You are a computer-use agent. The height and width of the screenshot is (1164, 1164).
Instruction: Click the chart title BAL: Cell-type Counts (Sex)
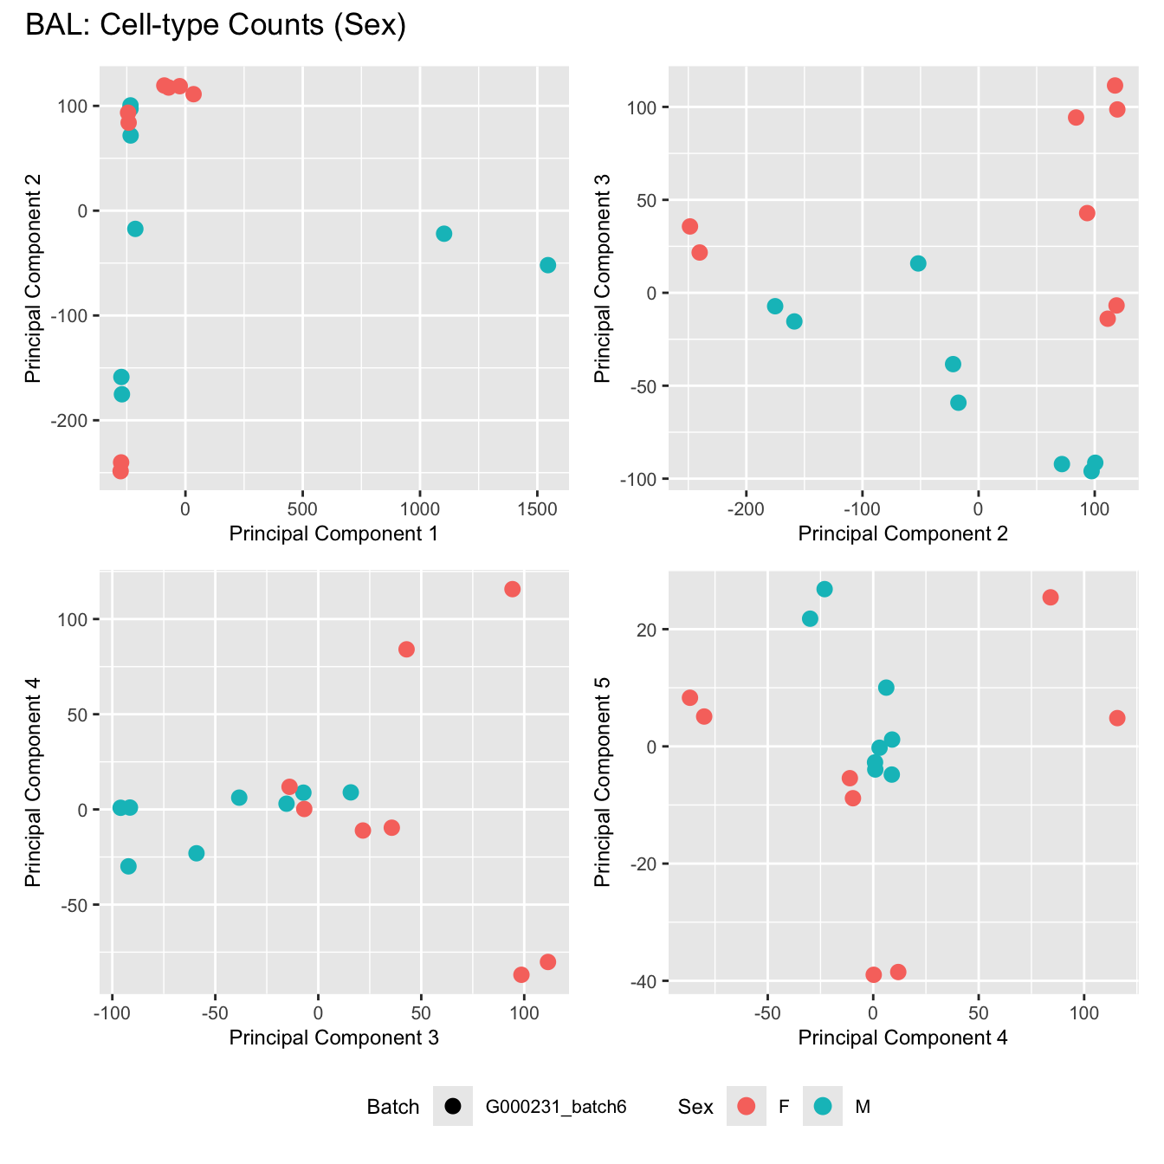216,25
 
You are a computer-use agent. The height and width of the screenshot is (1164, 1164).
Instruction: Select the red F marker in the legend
746,1106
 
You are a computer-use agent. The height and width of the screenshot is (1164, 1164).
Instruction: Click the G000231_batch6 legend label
555,1107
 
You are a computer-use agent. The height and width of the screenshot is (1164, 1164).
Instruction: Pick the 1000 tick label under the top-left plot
419,507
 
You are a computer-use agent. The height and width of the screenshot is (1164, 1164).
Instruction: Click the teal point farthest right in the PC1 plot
547,265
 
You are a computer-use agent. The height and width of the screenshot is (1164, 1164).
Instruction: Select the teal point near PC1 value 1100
444,234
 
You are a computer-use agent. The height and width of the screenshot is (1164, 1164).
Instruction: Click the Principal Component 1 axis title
333,533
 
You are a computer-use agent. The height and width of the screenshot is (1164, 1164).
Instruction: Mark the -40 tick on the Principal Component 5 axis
647,981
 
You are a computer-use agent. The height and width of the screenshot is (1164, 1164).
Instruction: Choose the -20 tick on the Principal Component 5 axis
647,864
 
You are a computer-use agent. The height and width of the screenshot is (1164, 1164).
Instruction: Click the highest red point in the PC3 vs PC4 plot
513,589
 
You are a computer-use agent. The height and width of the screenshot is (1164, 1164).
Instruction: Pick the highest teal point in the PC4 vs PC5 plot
824,589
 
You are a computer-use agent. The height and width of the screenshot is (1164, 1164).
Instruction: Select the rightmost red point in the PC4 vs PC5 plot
1117,718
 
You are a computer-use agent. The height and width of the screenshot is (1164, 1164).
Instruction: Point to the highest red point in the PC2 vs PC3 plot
1115,86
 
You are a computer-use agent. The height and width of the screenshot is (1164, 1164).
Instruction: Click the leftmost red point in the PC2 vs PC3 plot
689,226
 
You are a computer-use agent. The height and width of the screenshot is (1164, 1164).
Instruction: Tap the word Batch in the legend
392,1107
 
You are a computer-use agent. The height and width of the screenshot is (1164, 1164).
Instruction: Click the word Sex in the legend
695,1107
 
